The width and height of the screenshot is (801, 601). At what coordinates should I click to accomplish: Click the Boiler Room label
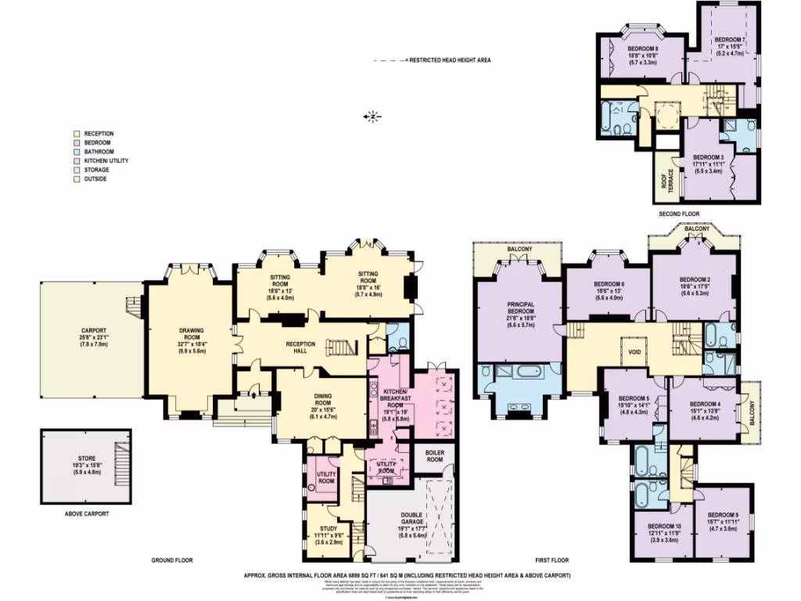click(x=433, y=456)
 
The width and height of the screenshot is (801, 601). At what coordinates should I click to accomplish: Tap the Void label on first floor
click(x=633, y=351)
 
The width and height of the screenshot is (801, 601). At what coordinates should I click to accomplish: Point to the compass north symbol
click(x=375, y=117)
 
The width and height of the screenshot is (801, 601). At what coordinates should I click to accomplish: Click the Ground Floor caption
click(x=172, y=560)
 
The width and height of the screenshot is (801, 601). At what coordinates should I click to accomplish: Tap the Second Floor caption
click(x=679, y=214)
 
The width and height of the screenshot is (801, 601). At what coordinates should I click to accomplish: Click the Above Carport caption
click(x=86, y=514)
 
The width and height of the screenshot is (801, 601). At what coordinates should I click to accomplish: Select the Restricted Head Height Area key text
click(x=449, y=60)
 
